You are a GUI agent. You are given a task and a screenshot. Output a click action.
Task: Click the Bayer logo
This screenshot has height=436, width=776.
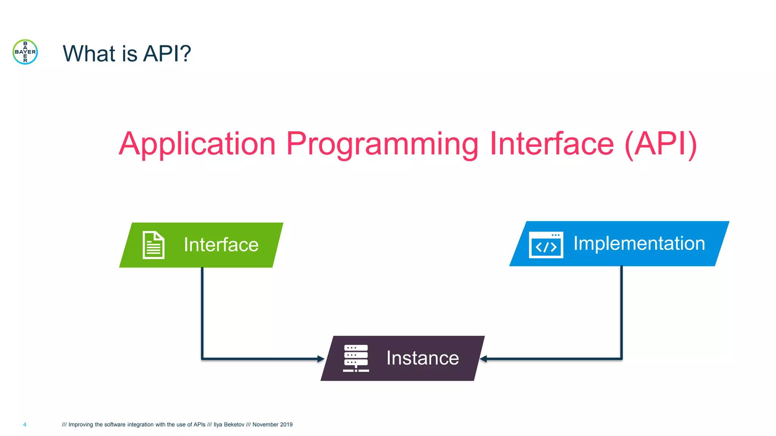coord(25,52)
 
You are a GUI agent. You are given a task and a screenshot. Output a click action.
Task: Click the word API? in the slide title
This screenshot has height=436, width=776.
coord(167,53)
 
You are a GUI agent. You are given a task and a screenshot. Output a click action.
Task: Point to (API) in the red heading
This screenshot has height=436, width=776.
coord(660,144)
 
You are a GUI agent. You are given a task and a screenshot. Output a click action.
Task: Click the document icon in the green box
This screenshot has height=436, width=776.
coord(153,245)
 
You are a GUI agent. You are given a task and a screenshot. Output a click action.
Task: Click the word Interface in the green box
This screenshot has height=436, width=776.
coord(221,244)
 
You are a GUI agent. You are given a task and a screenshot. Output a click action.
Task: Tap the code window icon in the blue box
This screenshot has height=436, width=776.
coord(546,245)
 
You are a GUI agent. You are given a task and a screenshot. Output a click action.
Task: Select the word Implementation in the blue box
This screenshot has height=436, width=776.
coord(639,243)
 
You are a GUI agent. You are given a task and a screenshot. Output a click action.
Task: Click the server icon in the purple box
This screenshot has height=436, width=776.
coord(356,358)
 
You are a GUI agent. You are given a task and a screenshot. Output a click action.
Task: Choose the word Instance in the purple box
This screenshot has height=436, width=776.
coord(422,358)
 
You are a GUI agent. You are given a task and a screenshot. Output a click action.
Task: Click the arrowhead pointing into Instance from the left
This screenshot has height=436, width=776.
coord(321,359)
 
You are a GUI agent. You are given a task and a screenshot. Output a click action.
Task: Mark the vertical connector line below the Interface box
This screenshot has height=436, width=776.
coord(202,310)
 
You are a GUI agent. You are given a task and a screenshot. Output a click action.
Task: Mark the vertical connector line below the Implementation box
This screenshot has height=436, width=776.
coord(621,310)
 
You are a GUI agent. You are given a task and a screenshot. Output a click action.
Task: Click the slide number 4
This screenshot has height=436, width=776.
coord(25,425)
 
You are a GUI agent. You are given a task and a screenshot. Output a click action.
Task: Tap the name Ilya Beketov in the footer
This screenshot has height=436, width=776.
coord(229,425)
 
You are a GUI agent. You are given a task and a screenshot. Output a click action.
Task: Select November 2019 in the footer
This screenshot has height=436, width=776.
coord(272,425)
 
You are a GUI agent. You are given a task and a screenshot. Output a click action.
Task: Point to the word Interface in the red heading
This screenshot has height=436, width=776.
coord(551,144)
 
